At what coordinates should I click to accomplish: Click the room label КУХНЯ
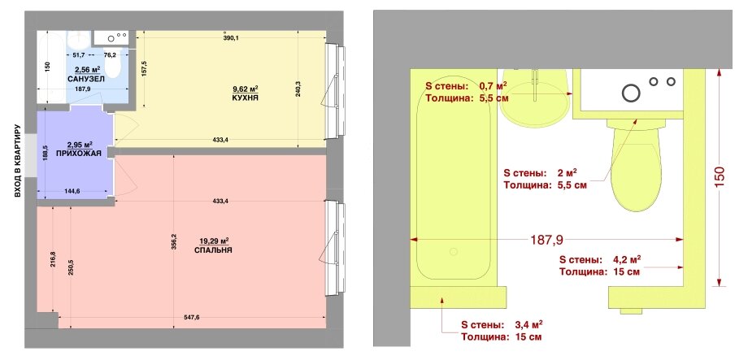coord(246,98)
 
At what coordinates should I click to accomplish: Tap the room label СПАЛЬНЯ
coord(213,250)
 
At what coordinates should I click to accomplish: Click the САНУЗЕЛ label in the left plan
coord(86,79)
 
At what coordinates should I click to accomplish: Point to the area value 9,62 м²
coord(246,89)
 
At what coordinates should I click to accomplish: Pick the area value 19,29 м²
coord(214,241)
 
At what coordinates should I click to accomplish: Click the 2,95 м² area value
coord(80,144)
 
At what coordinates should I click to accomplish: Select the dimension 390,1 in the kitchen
coord(230,39)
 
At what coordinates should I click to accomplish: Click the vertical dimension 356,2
coord(174,241)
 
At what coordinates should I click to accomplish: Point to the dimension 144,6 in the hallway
coord(72,191)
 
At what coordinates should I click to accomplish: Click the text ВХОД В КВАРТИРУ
coord(17,162)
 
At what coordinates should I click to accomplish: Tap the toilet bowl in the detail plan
coord(636,164)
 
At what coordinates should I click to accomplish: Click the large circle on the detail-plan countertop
coord(631,93)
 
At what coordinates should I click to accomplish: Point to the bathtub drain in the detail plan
coord(453,251)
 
